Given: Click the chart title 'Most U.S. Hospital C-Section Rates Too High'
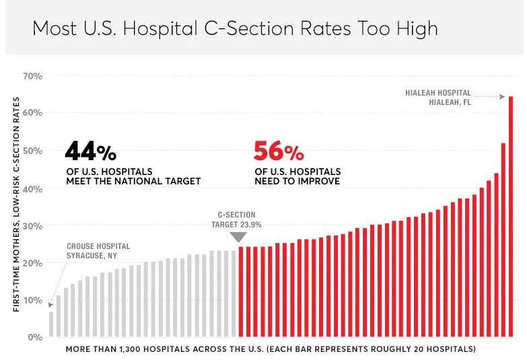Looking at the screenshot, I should point(235,29).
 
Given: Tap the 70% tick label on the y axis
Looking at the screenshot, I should point(32,76).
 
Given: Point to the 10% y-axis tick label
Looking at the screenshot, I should point(32,300).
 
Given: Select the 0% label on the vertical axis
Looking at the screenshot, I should point(34,337).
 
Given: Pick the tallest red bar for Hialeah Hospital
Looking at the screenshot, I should point(511,215).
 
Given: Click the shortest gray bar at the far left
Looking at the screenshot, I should point(51,324).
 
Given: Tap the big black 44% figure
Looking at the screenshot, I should point(91,150).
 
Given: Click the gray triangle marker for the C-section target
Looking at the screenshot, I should point(238,237).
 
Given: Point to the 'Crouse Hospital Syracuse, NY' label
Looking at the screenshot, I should point(98,251).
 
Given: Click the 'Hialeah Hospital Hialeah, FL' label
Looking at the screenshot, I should point(438,98).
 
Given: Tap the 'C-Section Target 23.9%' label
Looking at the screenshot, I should point(236,220).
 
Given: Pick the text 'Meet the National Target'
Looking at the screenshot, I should point(133,181).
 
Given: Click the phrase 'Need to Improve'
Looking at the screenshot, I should point(296,181).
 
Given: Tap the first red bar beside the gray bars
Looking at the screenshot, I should point(241,291).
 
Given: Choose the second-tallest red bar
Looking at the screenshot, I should point(503,240).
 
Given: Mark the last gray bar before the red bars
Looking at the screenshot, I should point(234,293).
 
